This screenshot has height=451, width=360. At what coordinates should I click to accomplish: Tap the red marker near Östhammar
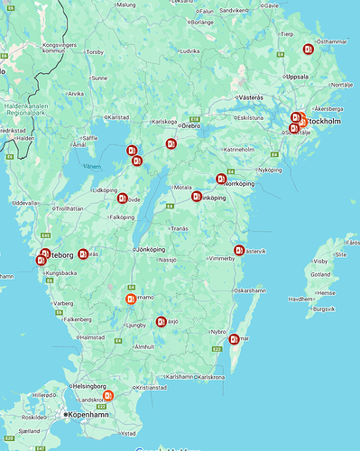pos(309,49)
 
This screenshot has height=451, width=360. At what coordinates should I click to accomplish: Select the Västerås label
pos(250,97)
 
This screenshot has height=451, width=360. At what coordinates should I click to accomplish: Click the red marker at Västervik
pos(239,251)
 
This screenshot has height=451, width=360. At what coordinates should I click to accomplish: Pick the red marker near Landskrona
pos(108,395)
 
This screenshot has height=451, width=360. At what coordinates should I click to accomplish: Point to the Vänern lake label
pos(92,166)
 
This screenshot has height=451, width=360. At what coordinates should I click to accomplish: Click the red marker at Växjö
pos(162,320)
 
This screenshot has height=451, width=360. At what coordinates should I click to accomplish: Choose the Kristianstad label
pos(152,387)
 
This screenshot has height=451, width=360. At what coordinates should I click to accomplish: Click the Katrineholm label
pos(239,149)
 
